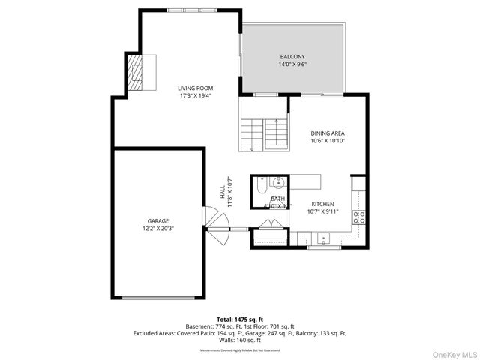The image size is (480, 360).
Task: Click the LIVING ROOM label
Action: (x=196, y=88)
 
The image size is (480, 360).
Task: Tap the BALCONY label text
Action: (x=292, y=57)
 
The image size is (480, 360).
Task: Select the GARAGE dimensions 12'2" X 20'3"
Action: (x=157, y=228)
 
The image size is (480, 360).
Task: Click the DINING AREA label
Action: (x=328, y=133)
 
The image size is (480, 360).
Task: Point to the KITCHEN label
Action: (x=322, y=204)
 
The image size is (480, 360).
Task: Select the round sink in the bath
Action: (x=278, y=182)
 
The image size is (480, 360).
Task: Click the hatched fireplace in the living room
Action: (x=135, y=72)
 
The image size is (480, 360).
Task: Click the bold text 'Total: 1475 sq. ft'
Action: (x=240, y=319)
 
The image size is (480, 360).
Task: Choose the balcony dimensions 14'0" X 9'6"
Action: (x=292, y=64)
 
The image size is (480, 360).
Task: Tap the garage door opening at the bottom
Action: (x=157, y=298)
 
